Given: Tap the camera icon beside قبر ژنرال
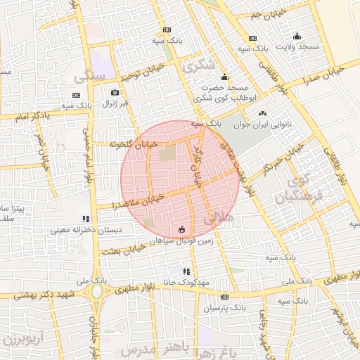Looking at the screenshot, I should (115, 92).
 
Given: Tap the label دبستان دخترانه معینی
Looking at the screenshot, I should (86, 230).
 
